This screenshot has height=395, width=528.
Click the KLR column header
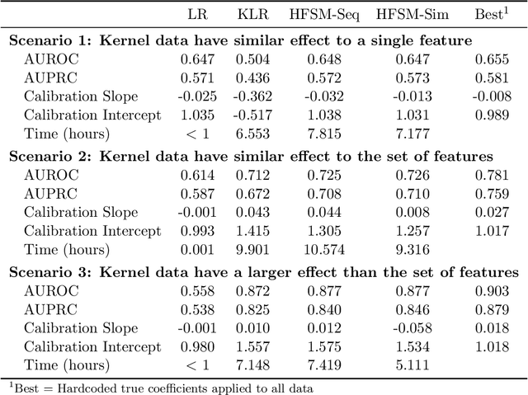[251, 14]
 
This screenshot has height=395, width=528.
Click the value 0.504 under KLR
[252, 59]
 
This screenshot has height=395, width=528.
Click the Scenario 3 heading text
[263, 271]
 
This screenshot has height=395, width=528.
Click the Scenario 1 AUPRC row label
[52, 78]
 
